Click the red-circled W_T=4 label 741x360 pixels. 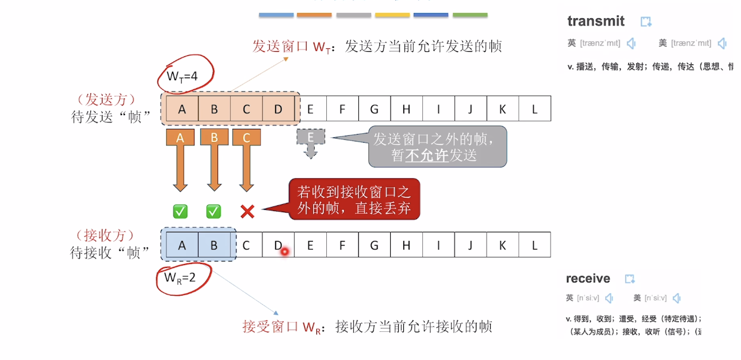click(x=182, y=75)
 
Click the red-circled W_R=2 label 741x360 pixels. click(x=180, y=278)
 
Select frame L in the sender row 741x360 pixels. click(x=534, y=109)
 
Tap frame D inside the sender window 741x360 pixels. click(x=278, y=109)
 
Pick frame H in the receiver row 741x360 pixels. click(x=406, y=245)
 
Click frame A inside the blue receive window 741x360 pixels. click(x=182, y=245)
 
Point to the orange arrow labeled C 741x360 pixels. click(x=246, y=158)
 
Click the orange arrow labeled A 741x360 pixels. click(x=180, y=158)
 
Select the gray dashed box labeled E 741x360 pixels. click(x=311, y=137)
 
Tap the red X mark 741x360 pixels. click(x=247, y=212)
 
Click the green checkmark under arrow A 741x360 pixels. click(x=180, y=212)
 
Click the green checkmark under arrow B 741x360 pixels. click(x=213, y=212)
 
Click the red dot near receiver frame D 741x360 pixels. click(x=284, y=251)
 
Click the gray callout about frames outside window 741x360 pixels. click(x=437, y=147)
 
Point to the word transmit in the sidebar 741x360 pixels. click(x=595, y=21)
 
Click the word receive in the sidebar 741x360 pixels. click(x=588, y=278)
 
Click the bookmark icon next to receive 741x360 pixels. click(x=630, y=279)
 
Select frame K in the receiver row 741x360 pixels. click(x=502, y=245)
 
